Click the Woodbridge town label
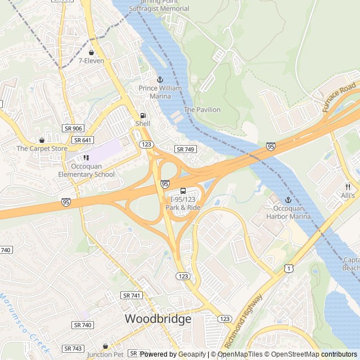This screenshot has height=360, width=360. tap(158, 319)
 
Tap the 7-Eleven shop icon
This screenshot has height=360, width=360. tap(91, 52)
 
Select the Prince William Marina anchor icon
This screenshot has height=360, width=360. tap(160, 80)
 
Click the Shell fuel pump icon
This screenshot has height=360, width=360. tap(143, 115)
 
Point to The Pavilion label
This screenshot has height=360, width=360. tap(202, 110)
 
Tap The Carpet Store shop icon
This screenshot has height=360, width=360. tap(42, 140)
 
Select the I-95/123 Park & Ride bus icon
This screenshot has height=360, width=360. tap(183, 191)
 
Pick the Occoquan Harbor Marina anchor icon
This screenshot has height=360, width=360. tap(289, 200)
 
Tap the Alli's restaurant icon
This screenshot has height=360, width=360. tap(348, 187)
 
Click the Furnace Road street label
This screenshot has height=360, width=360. tap(340, 97)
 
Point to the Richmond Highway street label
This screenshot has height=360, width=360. tap(243, 322)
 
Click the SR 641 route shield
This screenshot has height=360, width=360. tap(83, 140)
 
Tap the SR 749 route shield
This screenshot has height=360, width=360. tap(186, 149)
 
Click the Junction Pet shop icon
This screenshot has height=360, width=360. tap(105, 346)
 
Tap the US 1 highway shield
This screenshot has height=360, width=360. tap(288, 269)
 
